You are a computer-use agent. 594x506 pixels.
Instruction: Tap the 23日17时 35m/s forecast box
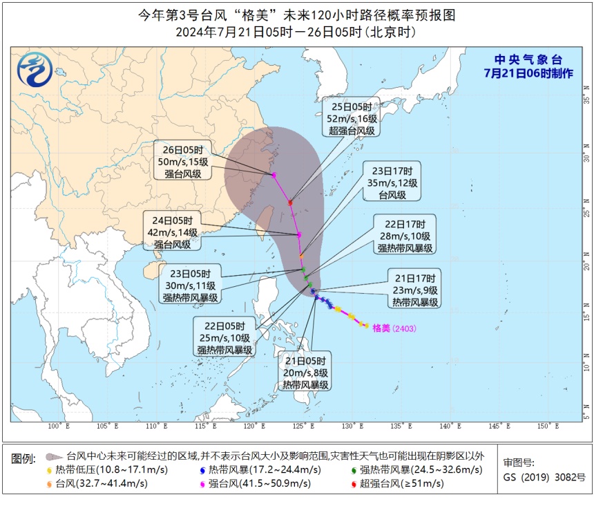[x=392, y=182]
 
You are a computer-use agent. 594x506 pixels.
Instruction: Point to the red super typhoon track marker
[x=290, y=203]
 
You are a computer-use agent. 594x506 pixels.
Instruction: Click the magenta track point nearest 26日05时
[x=274, y=175]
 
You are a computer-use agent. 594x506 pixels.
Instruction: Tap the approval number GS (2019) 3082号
[x=544, y=478]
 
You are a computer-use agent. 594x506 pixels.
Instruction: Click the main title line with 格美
[x=297, y=15]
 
